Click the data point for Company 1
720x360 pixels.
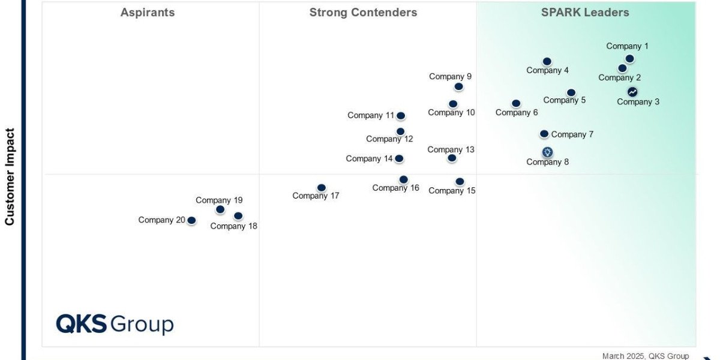[629, 59]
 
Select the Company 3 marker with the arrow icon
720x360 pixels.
[632, 92]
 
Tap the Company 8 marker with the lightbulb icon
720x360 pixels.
[547, 152]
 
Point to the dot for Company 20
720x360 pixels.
[191, 221]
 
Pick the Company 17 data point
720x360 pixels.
[322, 188]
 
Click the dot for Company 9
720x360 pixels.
[458, 86]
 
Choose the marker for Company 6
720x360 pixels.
[516, 104]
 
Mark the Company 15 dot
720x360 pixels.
[460, 181]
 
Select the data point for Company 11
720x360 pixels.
[400, 116]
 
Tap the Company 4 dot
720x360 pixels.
[547, 61]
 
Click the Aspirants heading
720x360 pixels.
[148, 13]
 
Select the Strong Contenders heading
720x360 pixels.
[363, 13]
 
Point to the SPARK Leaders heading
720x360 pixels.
[585, 13]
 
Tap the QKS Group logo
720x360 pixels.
[115, 325]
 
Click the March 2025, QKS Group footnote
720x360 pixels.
[646, 356]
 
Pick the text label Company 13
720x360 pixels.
[451, 149]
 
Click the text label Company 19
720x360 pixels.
[219, 200]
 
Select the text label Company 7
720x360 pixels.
[572, 134]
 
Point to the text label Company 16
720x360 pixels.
[395, 188]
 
